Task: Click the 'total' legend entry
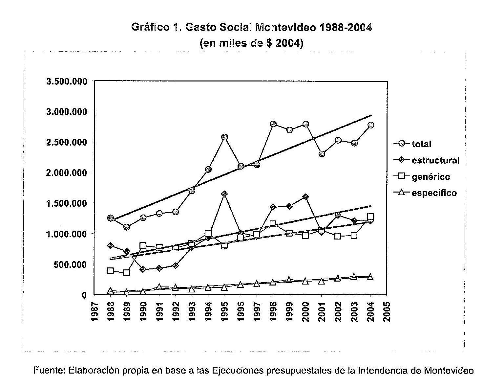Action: click(x=421, y=144)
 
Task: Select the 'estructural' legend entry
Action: click(x=435, y=160)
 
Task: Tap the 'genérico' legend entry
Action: click(x=431, y=177)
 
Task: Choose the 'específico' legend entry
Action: click(x=434, y=193)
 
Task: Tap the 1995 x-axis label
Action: click(x=225, y=310)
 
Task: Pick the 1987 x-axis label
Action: click(x=94, y=310)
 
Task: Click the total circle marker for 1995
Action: click(x=224, y=137)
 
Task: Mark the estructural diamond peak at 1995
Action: click(x=224, y=194)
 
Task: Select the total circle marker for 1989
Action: click(x=127, y=227)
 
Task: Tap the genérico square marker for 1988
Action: click(x=111, y=271)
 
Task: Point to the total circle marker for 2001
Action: click(x=322, y=154)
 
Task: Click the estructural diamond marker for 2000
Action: click(x=305, y=197)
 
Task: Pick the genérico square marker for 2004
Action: click(x=370, y=217)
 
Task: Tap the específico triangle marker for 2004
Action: click(x=370, y=277)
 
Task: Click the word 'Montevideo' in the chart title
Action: click(x=284, y=27)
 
